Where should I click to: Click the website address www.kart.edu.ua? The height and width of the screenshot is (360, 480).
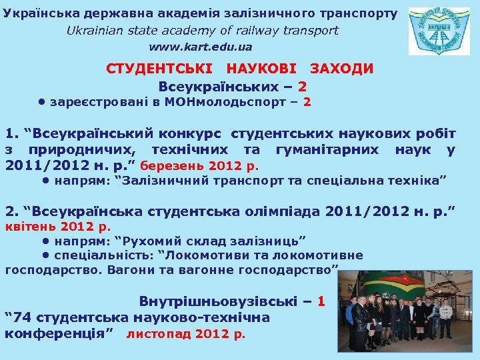click(x=201, y=47)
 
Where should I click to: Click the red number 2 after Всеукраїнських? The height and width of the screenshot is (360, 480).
click(x=303, y=87)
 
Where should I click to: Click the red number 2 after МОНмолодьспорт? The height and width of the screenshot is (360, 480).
click(x=307, y=103)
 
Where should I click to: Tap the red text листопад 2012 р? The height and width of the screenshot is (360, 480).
click(x=186, y=333)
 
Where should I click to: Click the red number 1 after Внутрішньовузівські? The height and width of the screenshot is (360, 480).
click(x=321, y=301)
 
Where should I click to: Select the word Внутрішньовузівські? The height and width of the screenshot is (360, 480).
click(x=214, y=301)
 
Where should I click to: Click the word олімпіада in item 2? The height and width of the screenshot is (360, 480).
click(x=270, y=212)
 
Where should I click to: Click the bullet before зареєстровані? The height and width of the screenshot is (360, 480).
click(x=41, y=103)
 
